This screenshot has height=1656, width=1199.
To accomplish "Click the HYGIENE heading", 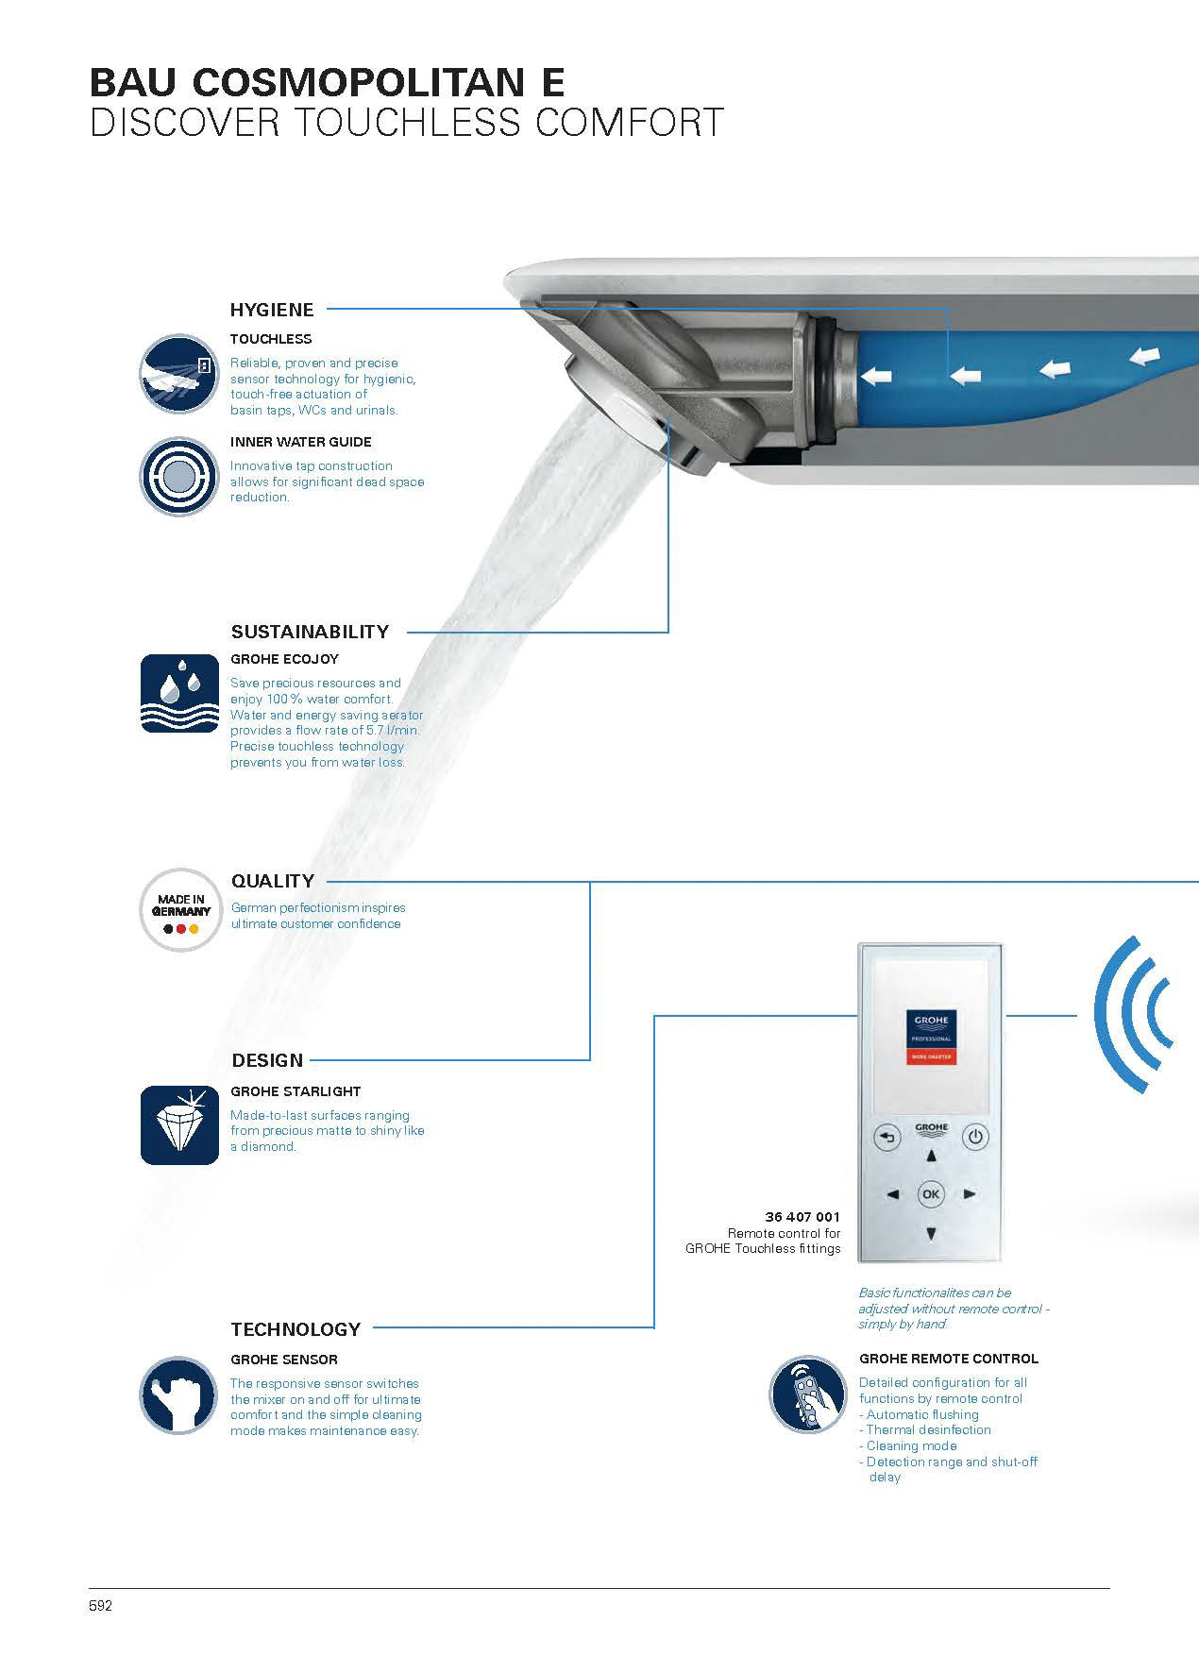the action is [272, 309].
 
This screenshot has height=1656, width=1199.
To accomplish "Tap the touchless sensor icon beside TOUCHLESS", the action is [179, 374].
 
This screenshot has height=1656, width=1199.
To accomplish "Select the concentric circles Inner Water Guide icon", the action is [179, 477].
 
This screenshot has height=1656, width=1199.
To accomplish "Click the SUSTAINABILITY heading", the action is [310, 632].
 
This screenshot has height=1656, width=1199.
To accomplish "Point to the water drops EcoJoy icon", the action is [179, 694].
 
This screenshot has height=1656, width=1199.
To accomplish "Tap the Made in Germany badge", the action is [180, 910].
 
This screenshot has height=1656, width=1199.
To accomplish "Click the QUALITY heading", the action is [273, 881].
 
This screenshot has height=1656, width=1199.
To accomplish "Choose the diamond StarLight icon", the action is [179, 1124].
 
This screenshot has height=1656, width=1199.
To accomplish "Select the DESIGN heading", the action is [267, 1060].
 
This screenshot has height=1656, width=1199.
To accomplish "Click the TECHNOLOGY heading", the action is [296, 1329].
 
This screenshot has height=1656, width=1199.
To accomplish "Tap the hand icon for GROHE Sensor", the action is [179, 1394].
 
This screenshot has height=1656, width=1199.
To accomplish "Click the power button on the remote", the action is [975, 1138].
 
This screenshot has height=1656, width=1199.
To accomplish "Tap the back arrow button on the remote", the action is [887, 1138].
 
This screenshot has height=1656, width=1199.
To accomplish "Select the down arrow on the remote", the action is [931, 1233].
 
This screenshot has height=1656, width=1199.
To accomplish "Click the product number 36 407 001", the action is [802, 1217].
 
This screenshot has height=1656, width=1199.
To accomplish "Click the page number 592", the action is [101, 1605].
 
